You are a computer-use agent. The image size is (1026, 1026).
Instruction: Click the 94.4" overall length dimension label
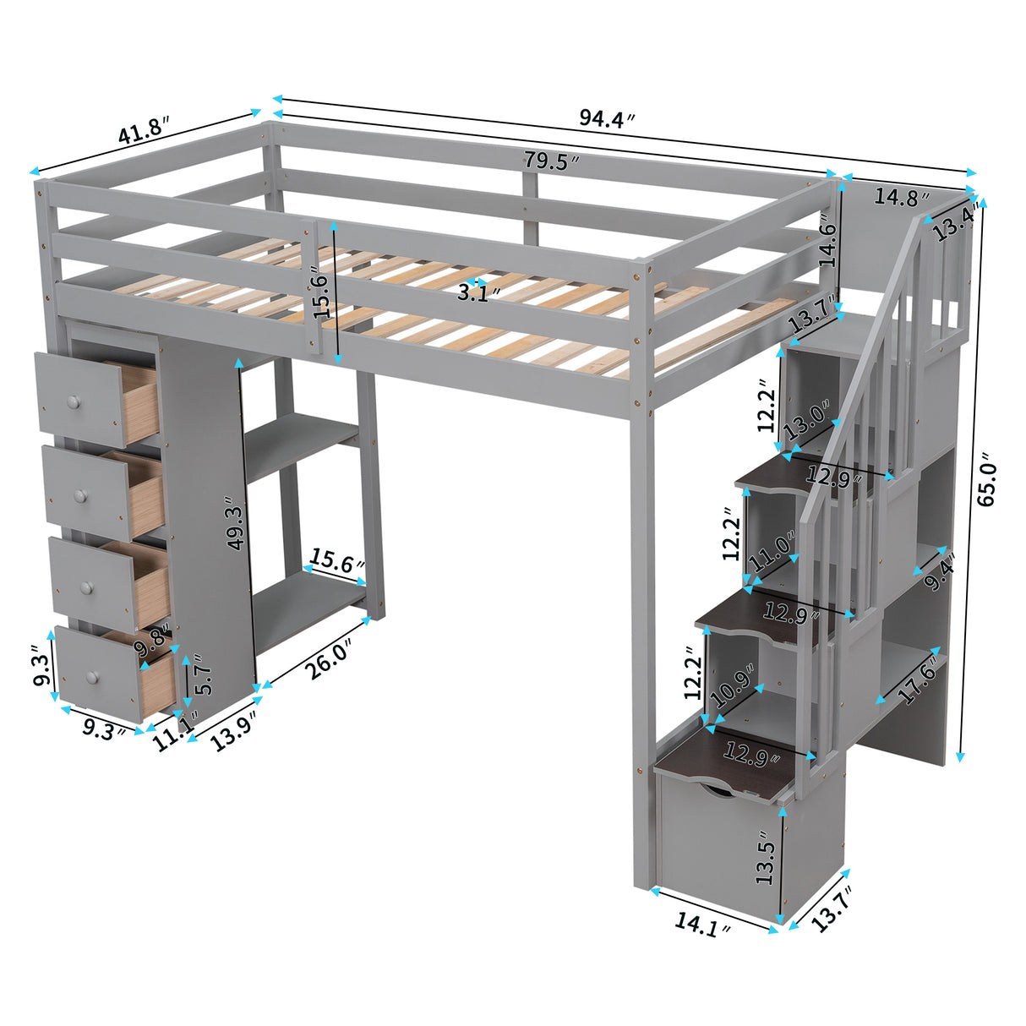click(606, 119)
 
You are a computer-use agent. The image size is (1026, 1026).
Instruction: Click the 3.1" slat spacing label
click(478, 293)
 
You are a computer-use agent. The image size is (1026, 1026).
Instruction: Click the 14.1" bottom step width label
click(702, 925)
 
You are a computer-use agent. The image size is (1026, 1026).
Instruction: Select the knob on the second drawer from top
click(81, 495)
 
